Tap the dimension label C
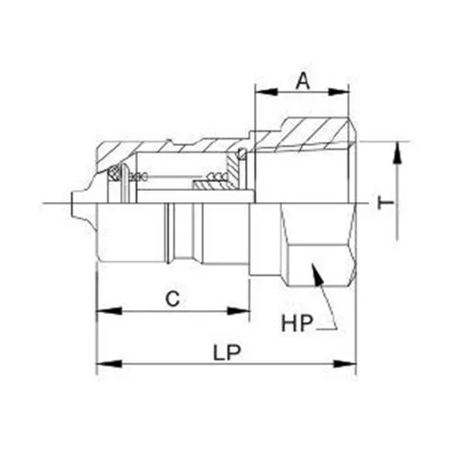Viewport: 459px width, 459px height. pyautogui.click(x=171, y=297)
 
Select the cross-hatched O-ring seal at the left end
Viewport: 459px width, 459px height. pyautogui.click(x=115, y=174)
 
